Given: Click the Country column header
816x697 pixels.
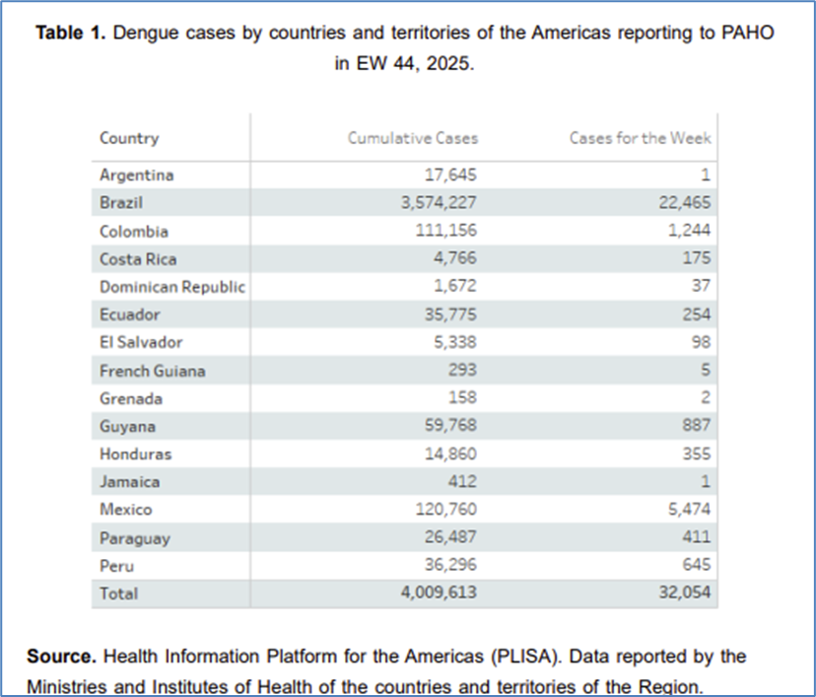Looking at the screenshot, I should point(129,138).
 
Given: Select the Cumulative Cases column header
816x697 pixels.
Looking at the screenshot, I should point(412,138).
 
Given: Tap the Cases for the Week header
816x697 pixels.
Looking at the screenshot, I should point(640,138).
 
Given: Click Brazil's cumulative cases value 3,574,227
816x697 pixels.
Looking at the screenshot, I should point(429,203).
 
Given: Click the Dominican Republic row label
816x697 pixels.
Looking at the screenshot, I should point(171,287).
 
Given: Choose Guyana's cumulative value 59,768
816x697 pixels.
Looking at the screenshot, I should point(448,427).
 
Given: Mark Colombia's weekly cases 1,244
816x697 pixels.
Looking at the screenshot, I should point(687,232).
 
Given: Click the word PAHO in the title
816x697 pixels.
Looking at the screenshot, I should point(750,33).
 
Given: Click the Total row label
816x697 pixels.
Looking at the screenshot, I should point(118,593).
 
